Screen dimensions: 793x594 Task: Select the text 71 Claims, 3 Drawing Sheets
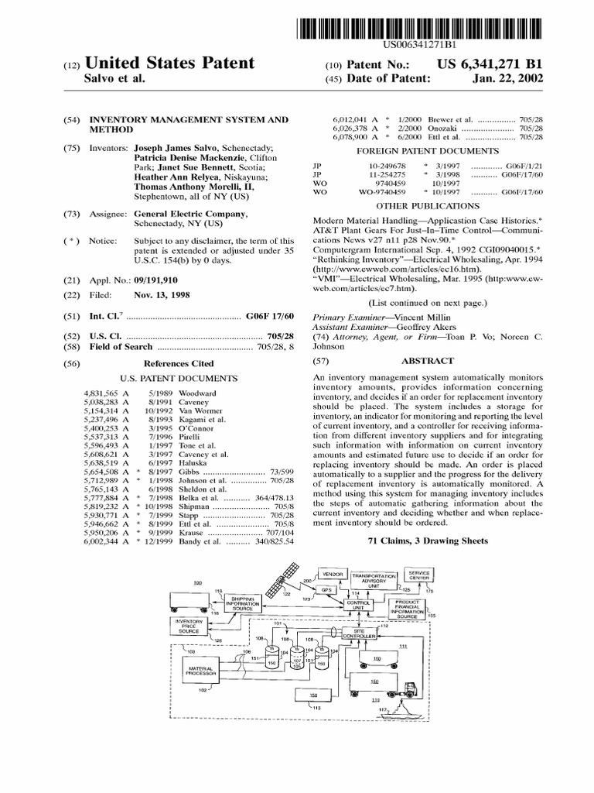[x=427, y=541]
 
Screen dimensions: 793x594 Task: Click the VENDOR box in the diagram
[x=327, y=575]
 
